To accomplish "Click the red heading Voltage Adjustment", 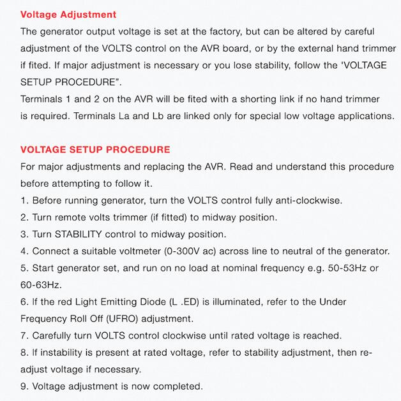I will tap(68, 14).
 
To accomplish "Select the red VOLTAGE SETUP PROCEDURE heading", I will tap(95, 150).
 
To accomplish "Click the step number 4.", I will tap(24, 251).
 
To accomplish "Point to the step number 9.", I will tap(24, 386).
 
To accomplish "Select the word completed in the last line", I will tap(179, 386).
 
